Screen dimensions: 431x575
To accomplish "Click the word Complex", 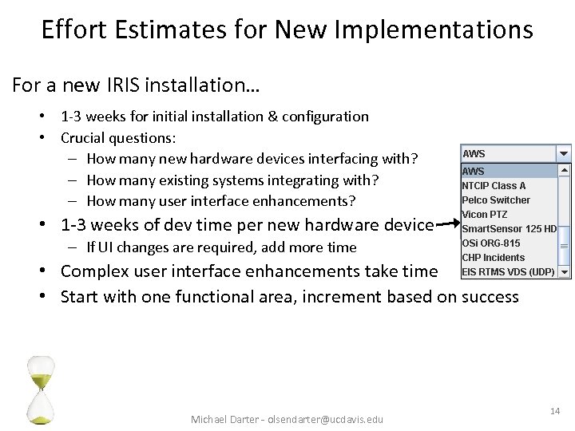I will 100,271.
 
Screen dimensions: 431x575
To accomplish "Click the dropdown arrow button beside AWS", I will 564,153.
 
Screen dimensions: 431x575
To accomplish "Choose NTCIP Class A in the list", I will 494,185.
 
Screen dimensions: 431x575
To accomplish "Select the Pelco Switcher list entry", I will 496,200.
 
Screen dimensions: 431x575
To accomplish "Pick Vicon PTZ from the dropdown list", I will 484,214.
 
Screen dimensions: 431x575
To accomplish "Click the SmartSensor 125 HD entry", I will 509,228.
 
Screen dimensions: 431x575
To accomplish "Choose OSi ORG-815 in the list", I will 490,243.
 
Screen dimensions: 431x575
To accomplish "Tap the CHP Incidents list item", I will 493,257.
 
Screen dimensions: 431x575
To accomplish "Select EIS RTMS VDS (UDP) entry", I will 507,271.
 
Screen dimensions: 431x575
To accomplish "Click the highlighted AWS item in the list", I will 474,171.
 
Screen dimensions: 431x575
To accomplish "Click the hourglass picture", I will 40,389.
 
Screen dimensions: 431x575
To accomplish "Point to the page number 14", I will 555,410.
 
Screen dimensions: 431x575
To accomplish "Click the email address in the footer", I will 325,419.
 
